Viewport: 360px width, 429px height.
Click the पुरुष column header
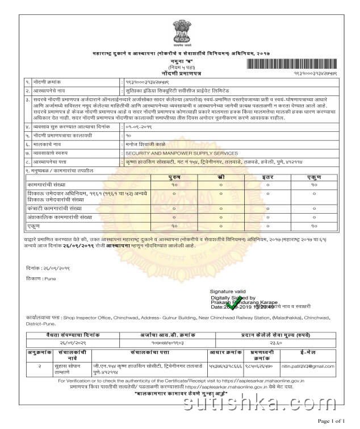pyautogui.click(x=174, y=178)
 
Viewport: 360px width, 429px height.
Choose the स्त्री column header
pyautogui.click(x=220, y=178)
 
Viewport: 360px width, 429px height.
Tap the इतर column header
pyautogui.click(x=267, y=178)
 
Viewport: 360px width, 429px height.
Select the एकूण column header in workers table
pyautogui.click(x=314, y=178)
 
